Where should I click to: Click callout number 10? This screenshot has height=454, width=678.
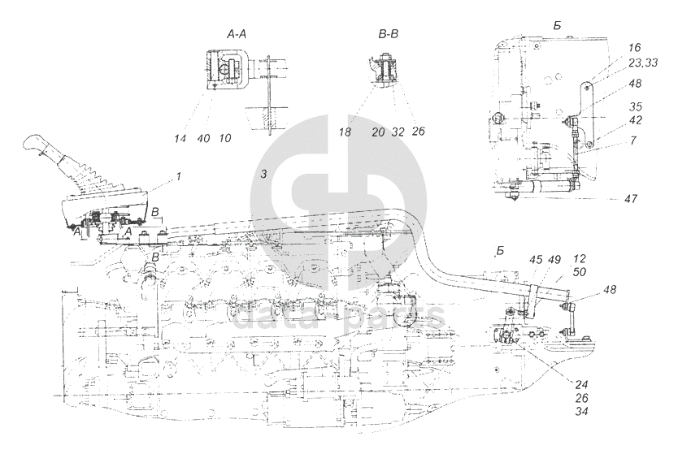pyautogui.click(x=225, y=138)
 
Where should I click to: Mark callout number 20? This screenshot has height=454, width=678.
pyautogui.click(x=378, y=130)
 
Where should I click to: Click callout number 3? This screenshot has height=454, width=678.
pyautogui.click(x=262, y=175)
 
